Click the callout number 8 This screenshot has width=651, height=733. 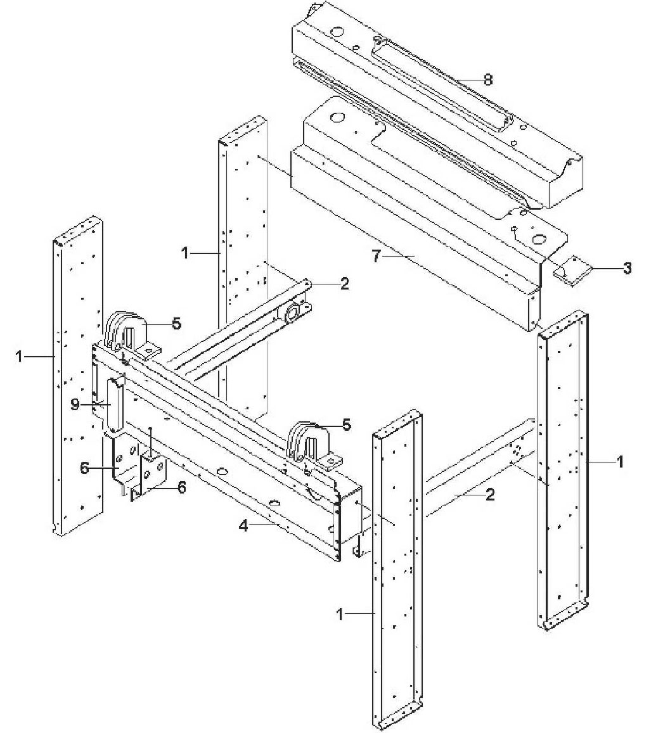[487, 80]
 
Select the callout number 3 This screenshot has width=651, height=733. [627, 268]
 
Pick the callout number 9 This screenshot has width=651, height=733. [75, 404]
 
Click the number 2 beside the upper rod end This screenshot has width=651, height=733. [344, 283]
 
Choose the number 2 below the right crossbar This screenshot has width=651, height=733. [489, 495]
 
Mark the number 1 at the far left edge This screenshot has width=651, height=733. [20, 357]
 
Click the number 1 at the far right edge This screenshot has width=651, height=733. [621, 461]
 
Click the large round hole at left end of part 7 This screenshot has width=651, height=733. [336, 118]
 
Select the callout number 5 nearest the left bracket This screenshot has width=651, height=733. [176, 323]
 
